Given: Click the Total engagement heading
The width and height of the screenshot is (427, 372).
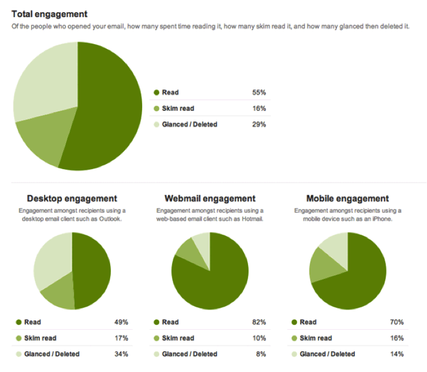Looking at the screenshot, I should [x=49, y=13].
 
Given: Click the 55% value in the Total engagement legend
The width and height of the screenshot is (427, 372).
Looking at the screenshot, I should [x=259, y=93].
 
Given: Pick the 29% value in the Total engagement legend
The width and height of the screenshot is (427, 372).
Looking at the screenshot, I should [x=259, y=124].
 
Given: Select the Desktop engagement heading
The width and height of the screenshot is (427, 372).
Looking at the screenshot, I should [x=72, y=199].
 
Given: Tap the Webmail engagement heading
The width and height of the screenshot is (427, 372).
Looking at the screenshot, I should [x=210, y=199].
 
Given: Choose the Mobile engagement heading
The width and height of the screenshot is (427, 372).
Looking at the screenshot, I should [x=347, y=199].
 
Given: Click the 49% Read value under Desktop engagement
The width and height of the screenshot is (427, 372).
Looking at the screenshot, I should [x=121, y=322].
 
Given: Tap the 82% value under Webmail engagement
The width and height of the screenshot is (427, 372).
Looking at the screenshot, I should [x=259, y=322].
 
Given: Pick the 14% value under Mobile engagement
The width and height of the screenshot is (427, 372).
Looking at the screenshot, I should [x=396, y=354].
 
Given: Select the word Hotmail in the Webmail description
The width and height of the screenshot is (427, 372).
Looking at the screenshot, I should [x=251, y=219].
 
